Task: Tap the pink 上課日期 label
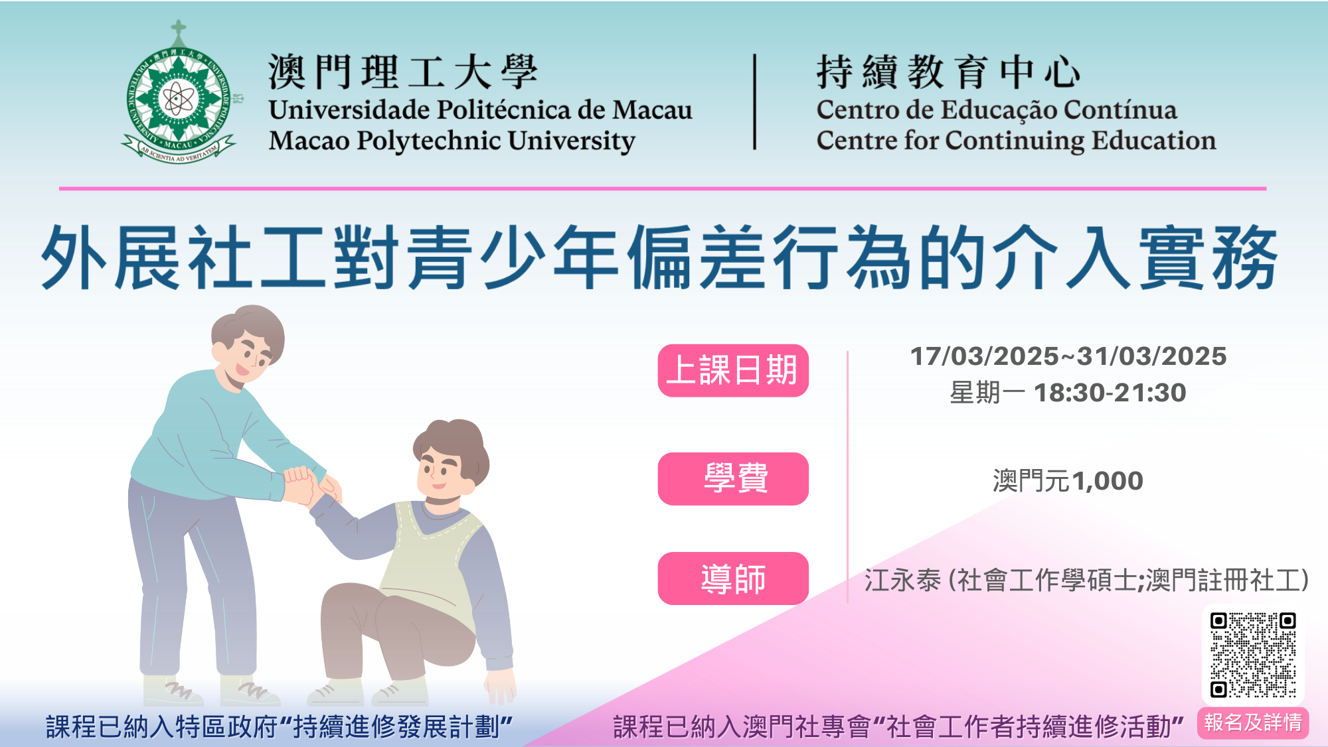(733, 370)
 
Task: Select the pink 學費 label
(733, 478)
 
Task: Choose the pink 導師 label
(733, 578)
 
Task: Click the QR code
(1253, 655)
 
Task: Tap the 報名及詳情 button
(1253, 722)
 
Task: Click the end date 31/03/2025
(1151, 356)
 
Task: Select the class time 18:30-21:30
(1110, 393)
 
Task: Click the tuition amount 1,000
(1107, 481)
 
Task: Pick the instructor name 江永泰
(902, 580)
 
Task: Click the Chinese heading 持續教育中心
(948, 72)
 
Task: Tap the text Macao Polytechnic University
(452, 141)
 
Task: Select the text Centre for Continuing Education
(1016, 141)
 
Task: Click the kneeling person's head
(451, 458)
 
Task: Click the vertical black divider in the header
(754, 102)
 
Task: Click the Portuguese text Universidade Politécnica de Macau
(480, 109)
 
